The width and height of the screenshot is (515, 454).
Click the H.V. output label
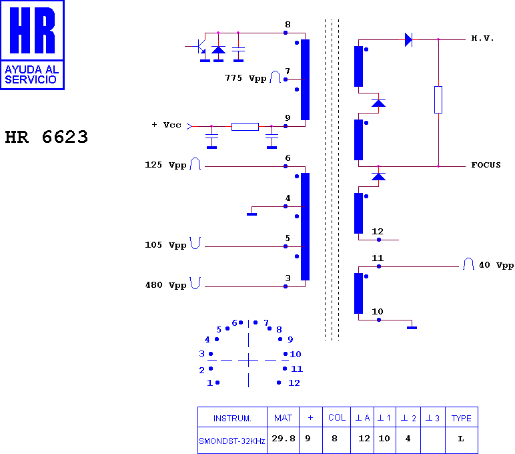pos(482,38)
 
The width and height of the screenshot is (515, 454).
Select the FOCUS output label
pos(486,165)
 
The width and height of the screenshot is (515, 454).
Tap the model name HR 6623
pos(46,137)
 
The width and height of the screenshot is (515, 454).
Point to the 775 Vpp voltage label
pos(245,78)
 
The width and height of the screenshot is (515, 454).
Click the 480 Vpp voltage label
pos(165,285)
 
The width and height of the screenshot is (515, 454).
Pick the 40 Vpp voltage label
pos(496,265)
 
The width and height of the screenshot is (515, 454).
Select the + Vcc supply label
pos(167,125)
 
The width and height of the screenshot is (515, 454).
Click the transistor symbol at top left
pos(199,46)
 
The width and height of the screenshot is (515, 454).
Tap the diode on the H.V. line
pos(408,40)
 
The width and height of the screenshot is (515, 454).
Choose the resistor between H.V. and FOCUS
pos(438,100)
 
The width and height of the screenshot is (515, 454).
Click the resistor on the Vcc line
pos(245,127)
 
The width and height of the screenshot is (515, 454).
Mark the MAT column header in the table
pos(283,418)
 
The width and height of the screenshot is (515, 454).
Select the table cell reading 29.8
pos(284,438)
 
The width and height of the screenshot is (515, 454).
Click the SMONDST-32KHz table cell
pos(232,441)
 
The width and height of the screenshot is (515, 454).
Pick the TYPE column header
pos(461,418)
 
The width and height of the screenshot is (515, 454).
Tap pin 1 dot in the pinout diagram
pos(217,383)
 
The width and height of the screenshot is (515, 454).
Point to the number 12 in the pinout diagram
pos(294,383)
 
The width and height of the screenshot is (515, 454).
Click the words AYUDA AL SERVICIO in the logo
pos(32,75)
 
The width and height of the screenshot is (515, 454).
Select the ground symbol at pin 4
pos(251,214)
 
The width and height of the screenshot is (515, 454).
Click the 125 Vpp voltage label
pos(165,165)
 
